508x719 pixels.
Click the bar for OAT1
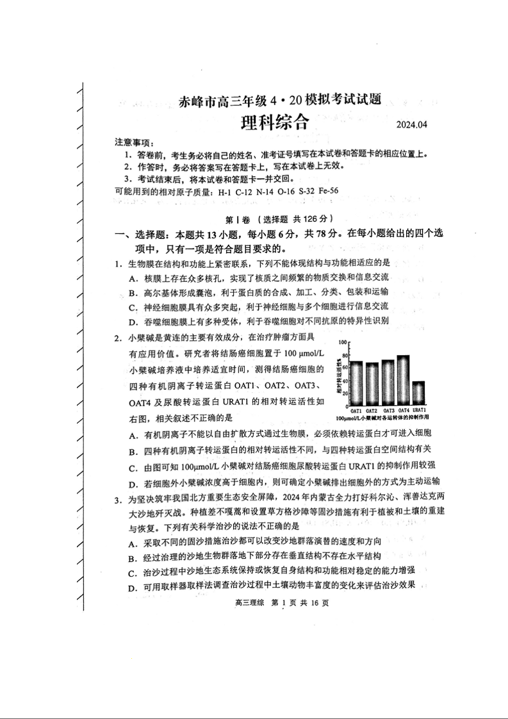point(356,383)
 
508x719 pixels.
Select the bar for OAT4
point(404,380)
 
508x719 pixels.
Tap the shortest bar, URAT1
point(419,392)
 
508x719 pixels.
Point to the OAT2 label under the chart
point(372,410)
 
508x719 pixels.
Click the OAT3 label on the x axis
point(388,410)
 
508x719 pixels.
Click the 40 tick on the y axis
point(345,381)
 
